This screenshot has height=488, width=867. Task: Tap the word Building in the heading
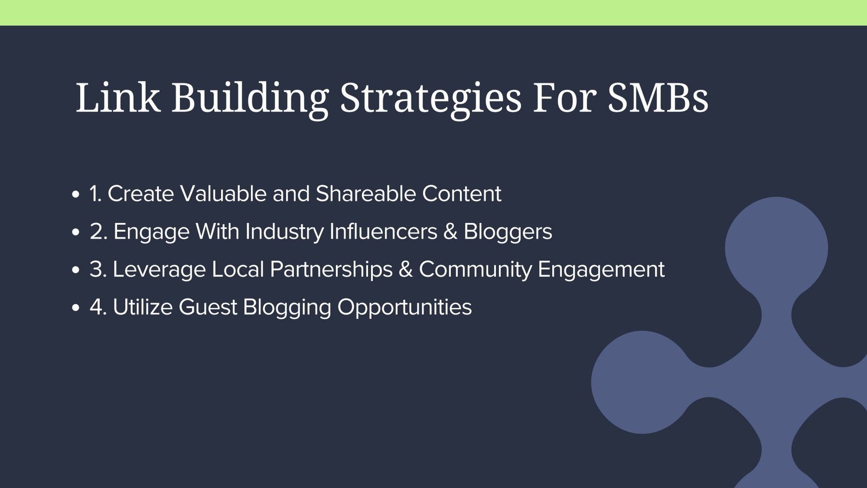click(250, 100)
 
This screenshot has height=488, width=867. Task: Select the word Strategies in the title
click(430, 100)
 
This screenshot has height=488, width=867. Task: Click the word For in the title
click(564, 98)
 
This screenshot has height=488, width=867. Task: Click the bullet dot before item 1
click(76, 194)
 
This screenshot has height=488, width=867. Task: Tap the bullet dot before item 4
click(76, 307)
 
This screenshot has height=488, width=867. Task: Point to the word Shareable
click(365, 193)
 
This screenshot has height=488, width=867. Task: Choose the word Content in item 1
click(462, 194)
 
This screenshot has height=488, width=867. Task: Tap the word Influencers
click(383, 231)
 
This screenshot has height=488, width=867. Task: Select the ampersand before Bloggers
click(450, 232)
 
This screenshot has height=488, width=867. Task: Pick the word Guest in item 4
click(208, 307)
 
